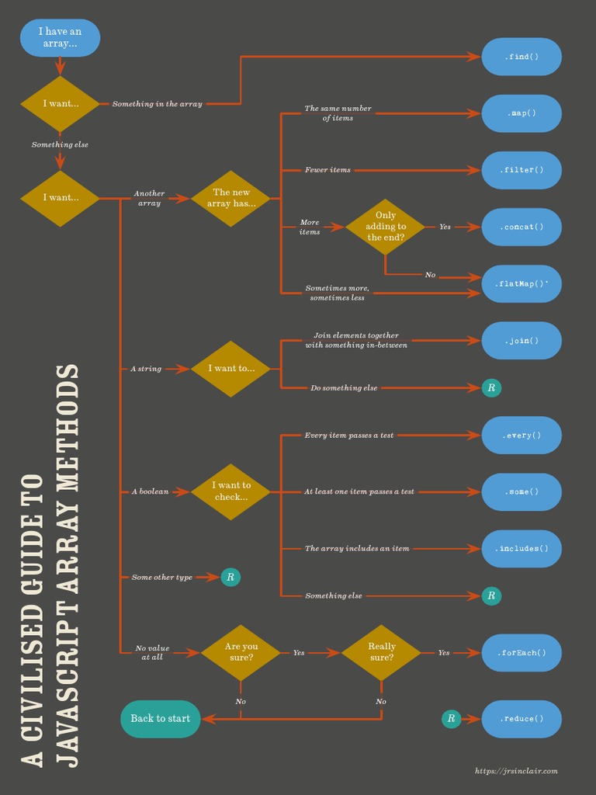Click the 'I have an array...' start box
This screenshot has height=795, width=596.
point(60,38)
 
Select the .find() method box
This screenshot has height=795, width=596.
point(521,57)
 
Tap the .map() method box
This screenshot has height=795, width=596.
point(521,113)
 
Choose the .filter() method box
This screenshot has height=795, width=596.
point(521,170)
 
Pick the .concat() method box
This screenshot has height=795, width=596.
point(521,227)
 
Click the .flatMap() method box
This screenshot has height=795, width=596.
point(521,283)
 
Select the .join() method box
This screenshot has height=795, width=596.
point(521,340)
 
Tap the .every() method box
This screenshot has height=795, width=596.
point(521,435)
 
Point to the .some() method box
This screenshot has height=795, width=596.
point(521,491)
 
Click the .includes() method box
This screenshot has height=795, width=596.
point(521,548)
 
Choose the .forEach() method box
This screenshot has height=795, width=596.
point(521,652)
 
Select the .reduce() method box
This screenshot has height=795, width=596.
point(521,719)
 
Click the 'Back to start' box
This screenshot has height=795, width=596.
point(161,719)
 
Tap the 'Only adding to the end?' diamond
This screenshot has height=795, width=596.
point(386,227)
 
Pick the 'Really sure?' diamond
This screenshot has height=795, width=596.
point(381,652)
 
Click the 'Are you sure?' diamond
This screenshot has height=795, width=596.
point(241,652)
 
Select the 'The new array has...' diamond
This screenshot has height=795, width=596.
point(231,198)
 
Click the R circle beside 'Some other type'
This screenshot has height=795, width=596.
point(230,577)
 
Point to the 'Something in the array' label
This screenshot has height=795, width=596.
point(157,104)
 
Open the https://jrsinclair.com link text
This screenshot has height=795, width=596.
point(516,771)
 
